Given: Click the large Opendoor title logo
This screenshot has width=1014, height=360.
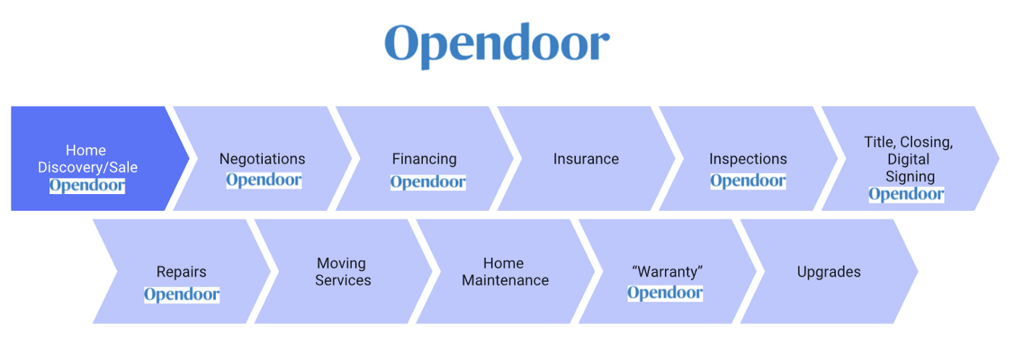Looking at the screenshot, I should point(497,44).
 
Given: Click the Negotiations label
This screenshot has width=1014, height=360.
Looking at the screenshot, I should point(262,159).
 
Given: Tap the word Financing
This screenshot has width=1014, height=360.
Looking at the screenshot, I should point(424,159).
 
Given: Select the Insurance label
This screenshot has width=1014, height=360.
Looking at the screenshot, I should point(586,159).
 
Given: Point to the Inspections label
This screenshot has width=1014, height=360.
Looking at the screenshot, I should point(747,159).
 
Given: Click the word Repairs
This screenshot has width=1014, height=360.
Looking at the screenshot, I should point(181,272).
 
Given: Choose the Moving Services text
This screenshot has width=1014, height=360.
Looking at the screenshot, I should point(343,272).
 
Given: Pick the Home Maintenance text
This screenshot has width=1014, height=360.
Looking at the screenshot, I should point(505,272).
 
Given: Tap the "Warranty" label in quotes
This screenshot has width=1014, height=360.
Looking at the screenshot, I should point(667,272).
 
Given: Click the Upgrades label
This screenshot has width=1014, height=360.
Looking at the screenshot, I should point(829,272).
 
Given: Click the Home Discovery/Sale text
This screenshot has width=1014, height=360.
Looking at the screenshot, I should point(87,159).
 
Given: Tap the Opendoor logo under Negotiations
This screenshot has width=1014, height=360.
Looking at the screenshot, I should point(264,180).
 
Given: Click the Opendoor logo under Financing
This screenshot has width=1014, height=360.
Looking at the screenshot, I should point(427,182).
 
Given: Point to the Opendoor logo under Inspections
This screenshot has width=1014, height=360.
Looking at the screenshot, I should point(747,181).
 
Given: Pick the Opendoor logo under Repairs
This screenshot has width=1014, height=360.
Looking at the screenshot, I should point(181,294).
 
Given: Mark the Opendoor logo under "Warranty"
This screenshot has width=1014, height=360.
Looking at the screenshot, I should point(665,293).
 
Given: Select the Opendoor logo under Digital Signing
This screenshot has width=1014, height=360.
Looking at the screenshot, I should point(906,194).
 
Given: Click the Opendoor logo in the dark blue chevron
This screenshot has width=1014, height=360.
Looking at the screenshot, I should point(87,185).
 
